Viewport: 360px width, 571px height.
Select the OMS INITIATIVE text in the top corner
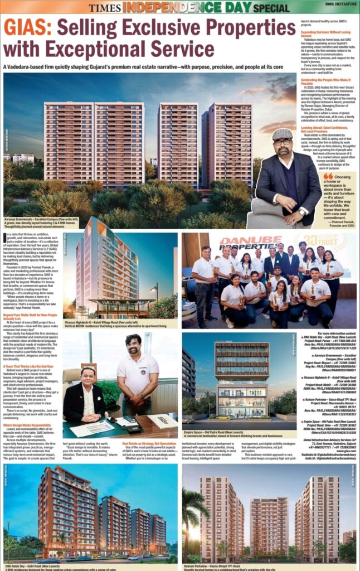pyautogui.click(x=340, y=8)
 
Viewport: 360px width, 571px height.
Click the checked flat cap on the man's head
pyautogui.click(x=283, y=134)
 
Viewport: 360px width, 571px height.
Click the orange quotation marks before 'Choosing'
pyautogui.click(x=328, y=176)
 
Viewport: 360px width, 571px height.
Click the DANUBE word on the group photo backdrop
pyautogui.click(x=241, y=241)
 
